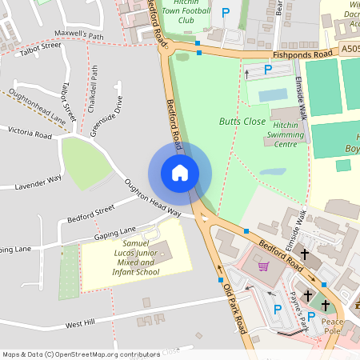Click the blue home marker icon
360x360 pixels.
point(179,172)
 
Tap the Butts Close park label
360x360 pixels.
point(242,122)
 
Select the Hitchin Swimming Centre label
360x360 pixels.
point(286,140)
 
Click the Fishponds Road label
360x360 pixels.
point(302,55)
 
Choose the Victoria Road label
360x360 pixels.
point(30,132)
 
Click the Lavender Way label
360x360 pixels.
point(38,182)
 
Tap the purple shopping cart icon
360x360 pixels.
point(263,266)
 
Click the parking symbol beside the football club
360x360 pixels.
point(226,13)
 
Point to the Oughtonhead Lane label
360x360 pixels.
point(34,111)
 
